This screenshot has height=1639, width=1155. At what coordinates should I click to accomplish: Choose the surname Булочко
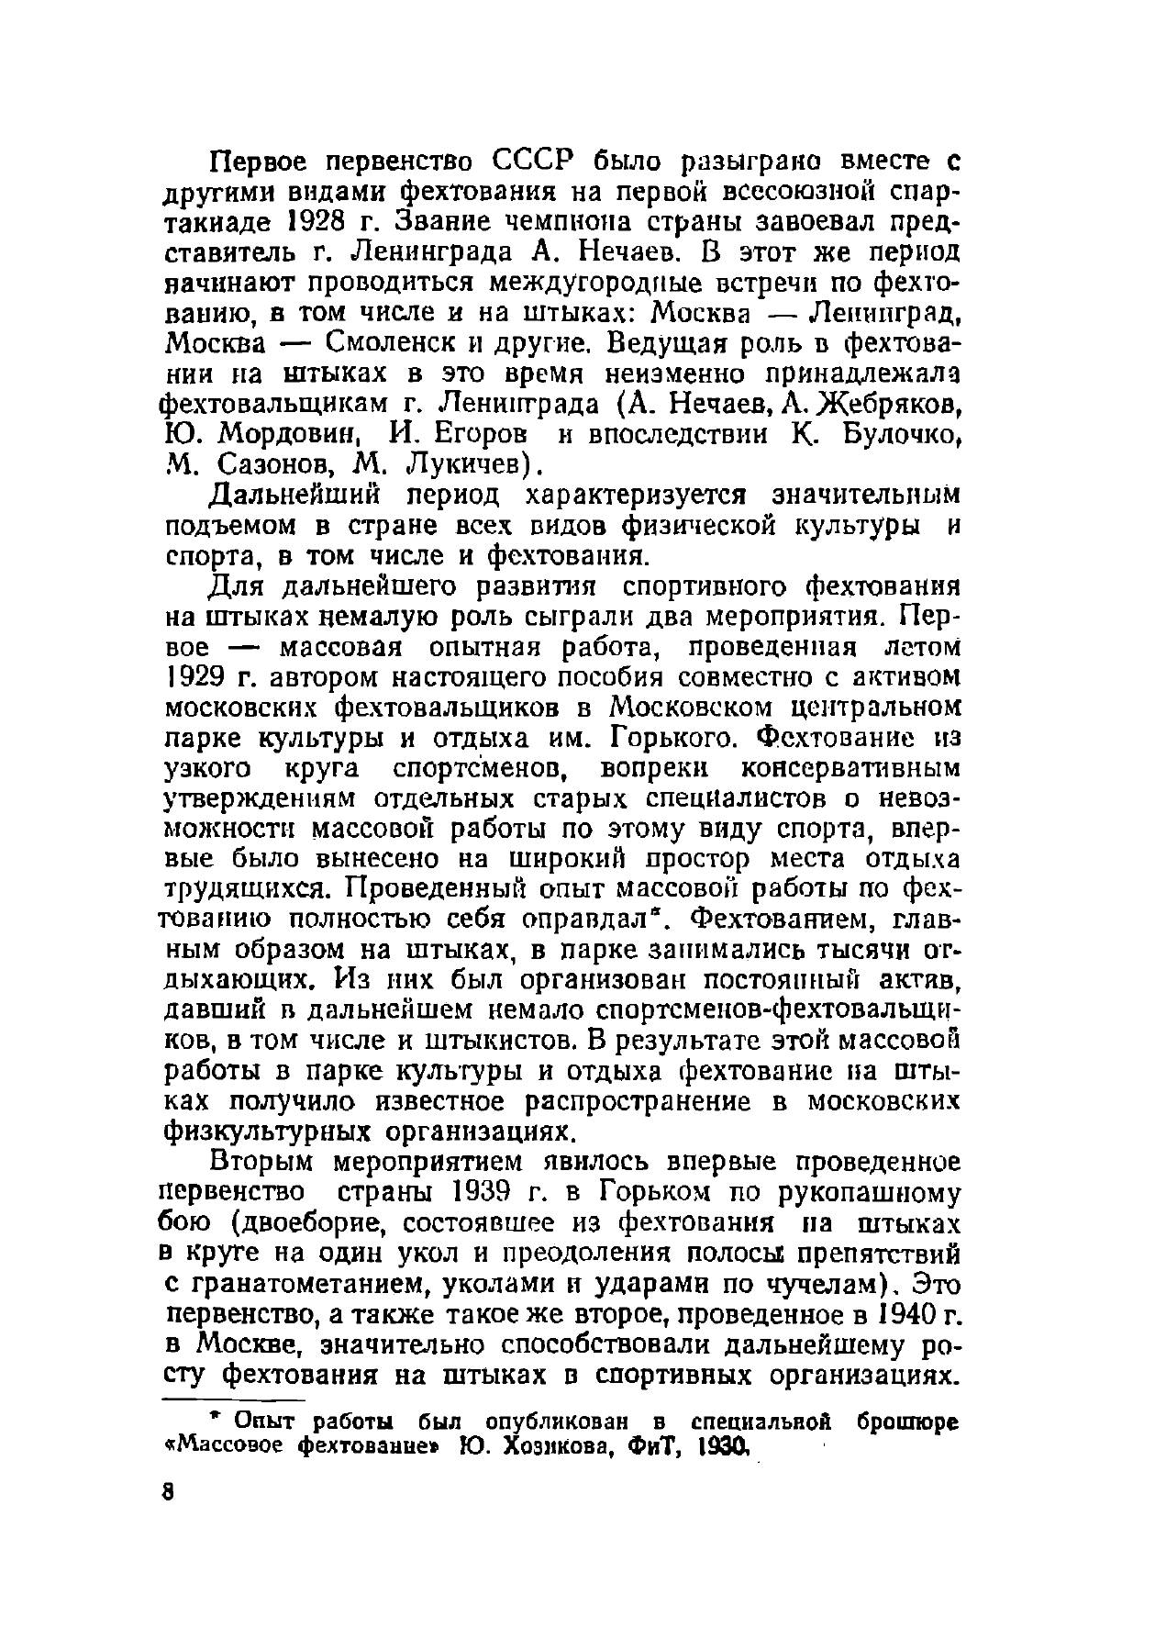(893, 434)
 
